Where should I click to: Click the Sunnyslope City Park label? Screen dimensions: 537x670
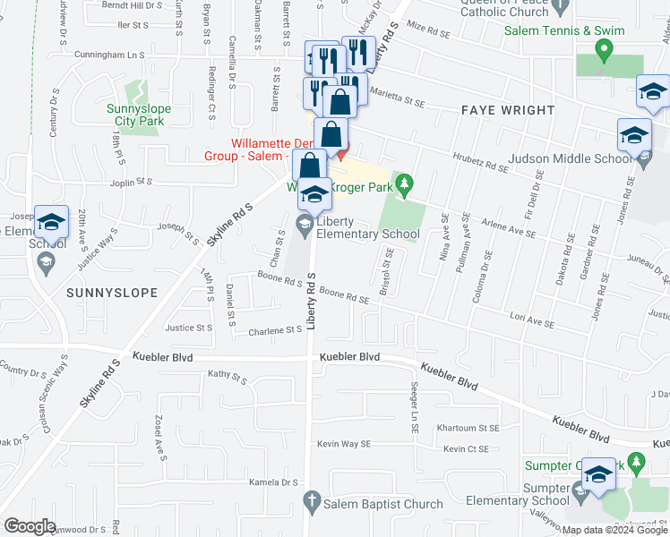point(139,115)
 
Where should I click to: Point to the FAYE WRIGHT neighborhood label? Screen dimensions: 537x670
point(508,111)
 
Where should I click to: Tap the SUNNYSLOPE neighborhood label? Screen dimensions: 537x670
point(111,293)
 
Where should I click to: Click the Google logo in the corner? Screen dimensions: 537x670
point(30,526)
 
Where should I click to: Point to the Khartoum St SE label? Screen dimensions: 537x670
point(468,428)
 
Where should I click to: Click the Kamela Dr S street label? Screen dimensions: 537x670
point(274,482)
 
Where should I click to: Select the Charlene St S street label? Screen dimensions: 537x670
point(274,330)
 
